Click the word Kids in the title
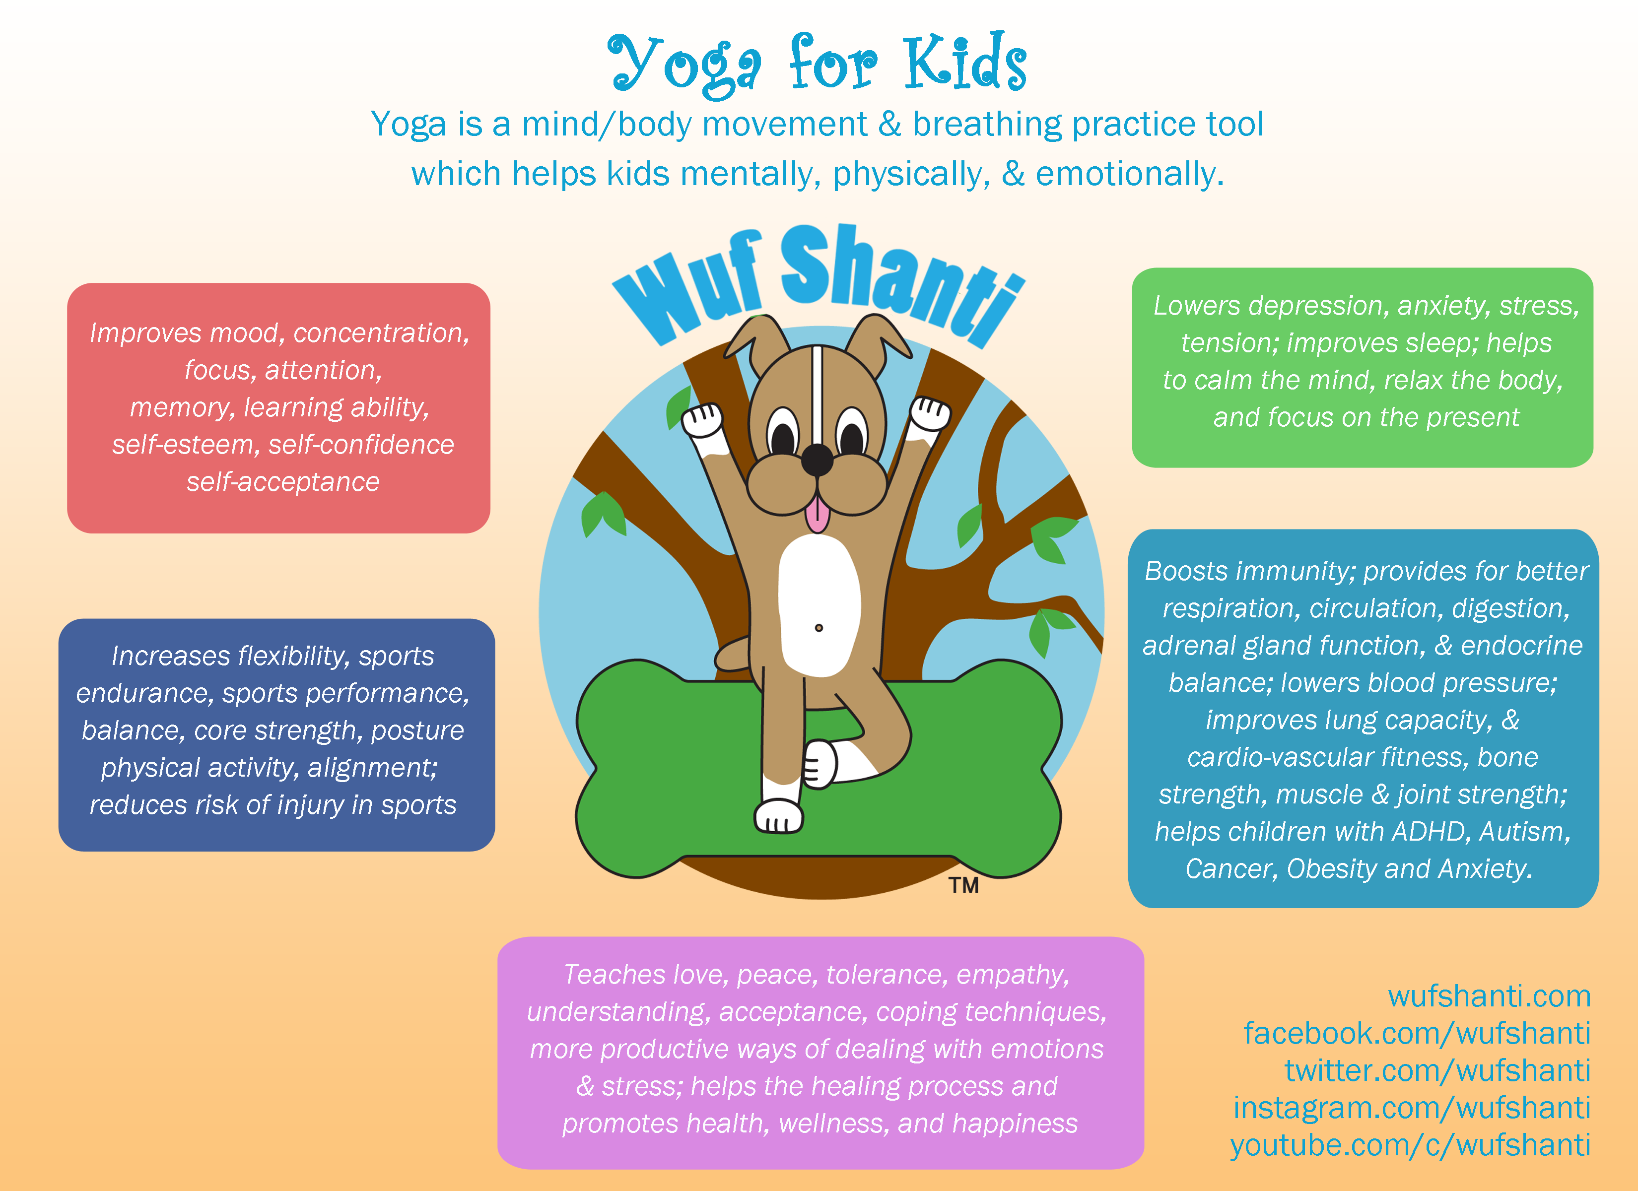tap(965, 64)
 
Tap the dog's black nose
tap(817, 458)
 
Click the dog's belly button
tap(819, 628)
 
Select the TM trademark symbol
tap(964, 885)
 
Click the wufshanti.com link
tap(1489, 996)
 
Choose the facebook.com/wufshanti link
tap(1417, 1034)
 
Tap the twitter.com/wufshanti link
tap(1437, 1071)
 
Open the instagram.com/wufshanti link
tap(1412, 1108)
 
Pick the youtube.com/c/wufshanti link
tap(1411, 1145)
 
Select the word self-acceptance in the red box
tap(283, 482)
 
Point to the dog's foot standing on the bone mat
tap(779, 816)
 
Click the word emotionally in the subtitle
tap(1130, 175)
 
